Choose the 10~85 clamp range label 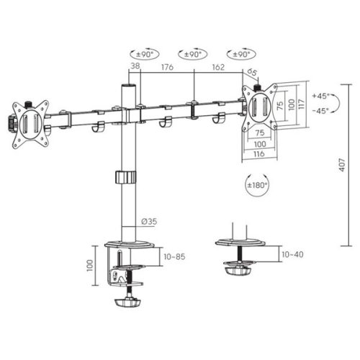tap(174, 255)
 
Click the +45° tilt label tap(321, 95)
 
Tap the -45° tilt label tap(321, 110)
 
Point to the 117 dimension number tap(300, 105)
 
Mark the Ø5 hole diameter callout tap(253, 72)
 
